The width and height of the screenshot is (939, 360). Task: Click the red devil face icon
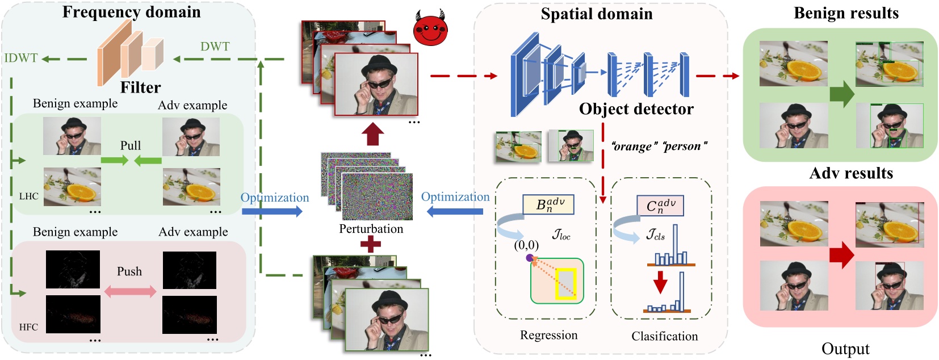point(430,27)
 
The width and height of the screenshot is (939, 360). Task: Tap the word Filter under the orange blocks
point(140,87)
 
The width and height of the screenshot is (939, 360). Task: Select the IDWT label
point(21,58)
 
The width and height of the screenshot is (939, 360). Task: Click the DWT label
point(215,46)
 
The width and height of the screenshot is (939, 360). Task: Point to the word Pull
point(131,145)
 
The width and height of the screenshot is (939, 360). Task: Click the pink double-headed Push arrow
point(130,291)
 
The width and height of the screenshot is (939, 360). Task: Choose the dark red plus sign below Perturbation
point(371,244)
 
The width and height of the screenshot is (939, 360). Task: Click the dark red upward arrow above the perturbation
point(372,133)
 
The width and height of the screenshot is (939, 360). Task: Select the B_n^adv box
point(548,204)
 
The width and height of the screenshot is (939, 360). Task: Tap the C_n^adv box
point(660,206)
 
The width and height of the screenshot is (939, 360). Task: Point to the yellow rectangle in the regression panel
point(566,284)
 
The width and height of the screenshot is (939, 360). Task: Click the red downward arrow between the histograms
point(660,282)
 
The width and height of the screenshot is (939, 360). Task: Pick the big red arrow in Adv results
point(842,255)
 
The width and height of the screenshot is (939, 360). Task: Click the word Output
point(845,349)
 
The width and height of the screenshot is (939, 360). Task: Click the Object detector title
point(636,109)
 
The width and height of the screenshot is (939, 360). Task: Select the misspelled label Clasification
point(664,336)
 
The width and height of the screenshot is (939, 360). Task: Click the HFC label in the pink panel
point(28,327)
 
